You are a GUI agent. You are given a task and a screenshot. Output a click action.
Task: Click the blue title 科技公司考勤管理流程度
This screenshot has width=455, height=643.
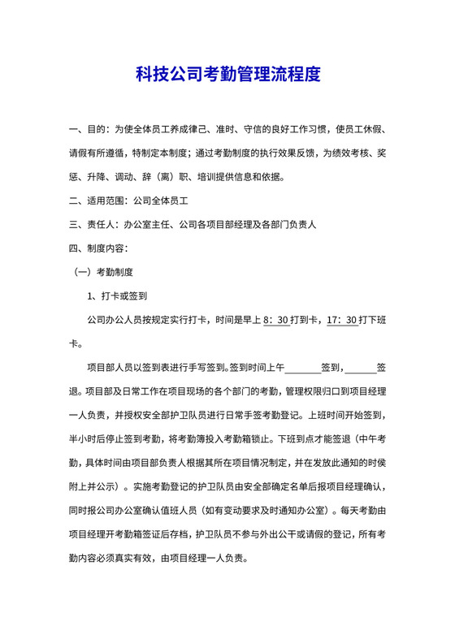(227, 76)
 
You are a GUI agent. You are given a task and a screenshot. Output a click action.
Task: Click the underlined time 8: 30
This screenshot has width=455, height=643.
(277, 319)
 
